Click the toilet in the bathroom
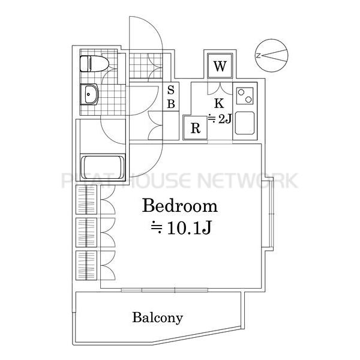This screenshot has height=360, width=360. coord(94,64)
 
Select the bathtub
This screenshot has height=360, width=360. coord(103,167)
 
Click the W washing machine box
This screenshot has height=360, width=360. coord(220,66)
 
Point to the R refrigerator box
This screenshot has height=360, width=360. coord(196,128)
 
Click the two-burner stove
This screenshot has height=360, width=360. coord(245,96)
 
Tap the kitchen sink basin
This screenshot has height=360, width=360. coord(245,123)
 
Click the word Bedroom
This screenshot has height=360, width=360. coord(180,206)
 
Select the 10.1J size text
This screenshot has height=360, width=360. coord(181,228)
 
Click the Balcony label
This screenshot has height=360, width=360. coord(157,318)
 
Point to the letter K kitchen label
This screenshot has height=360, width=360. coord(219,103)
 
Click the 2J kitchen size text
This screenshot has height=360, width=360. coord(220,119)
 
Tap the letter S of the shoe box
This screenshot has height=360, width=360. coord(171,90)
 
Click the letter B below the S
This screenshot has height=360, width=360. coord(171,104)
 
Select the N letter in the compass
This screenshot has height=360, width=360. coord(258,55)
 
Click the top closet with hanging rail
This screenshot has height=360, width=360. coord(86,200)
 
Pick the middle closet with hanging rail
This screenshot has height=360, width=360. coord(86,233)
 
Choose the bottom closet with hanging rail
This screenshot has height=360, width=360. coord(86,265)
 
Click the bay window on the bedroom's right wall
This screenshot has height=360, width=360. coord(268,214)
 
